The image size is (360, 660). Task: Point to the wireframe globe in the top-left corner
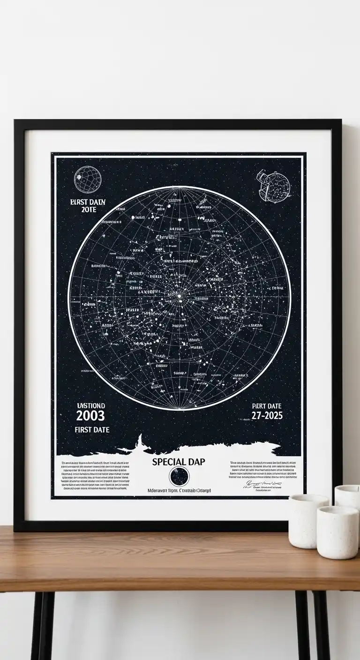pyautogui.click(x=86, y=180)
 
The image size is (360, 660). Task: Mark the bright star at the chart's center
pyautogui.click(x=179, y=296)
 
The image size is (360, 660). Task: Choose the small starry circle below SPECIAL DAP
pyautogui.click(x=179, y=477)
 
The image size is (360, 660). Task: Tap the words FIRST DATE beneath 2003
pyautogui.click(x=92, y=429)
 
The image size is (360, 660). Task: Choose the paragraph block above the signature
pyautogui.click(x=263, y=470)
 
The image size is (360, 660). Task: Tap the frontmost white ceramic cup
pyautogui.click(x=337, y=532)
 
